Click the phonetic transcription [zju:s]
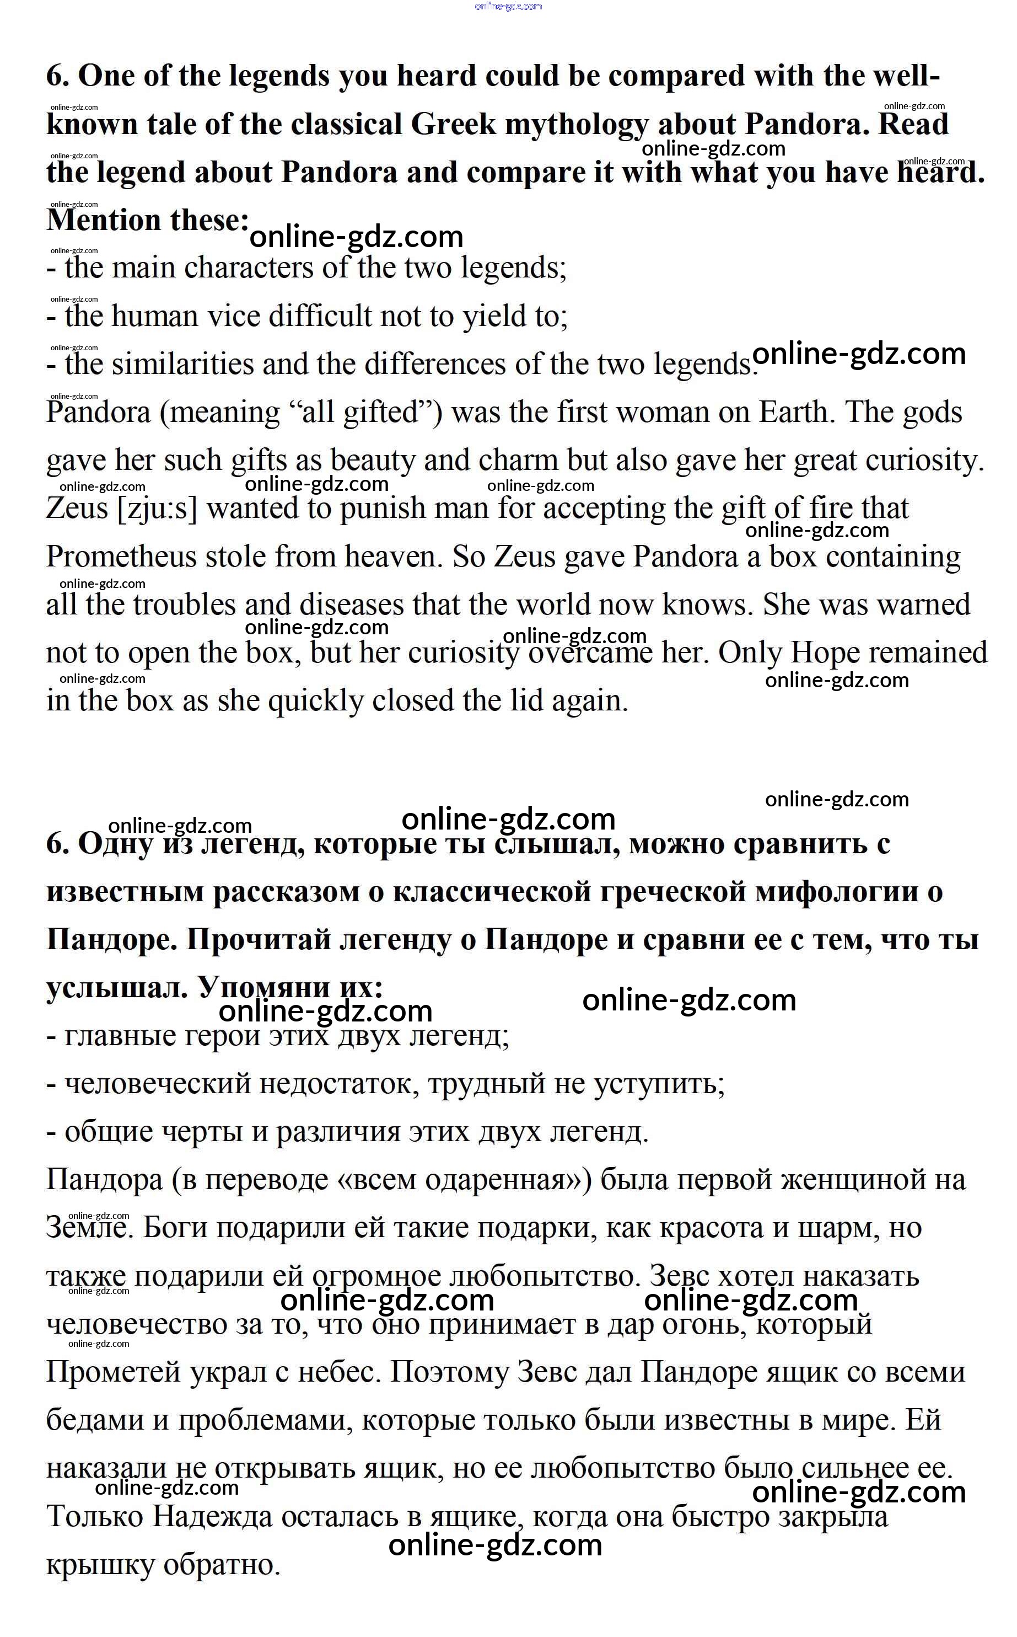point(158,509)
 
